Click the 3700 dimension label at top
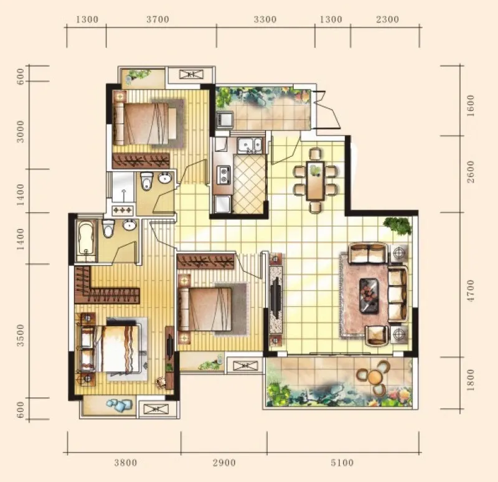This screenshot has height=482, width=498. point(157,20)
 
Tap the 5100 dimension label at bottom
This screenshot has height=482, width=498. point(342,463)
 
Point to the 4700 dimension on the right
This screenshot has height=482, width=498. point(471,291)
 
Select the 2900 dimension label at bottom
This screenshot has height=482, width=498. point(224,463)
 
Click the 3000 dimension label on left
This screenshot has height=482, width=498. point(20,131)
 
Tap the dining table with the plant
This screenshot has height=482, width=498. point(315,181)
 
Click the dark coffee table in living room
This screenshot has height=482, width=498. point(369,296)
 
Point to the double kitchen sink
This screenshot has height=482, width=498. point(251,146)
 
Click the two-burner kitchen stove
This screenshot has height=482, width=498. point(223,176)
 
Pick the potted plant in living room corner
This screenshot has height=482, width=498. point(397,225)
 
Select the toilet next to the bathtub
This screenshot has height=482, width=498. point(108,228)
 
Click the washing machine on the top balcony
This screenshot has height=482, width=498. point(225,119)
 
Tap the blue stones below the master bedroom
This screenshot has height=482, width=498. point(119,405)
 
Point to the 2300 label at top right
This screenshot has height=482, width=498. point(387,20)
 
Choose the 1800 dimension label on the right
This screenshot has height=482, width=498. point(471,380)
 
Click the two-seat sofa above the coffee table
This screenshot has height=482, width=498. point(369,253)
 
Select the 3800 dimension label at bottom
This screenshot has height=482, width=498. point(126,463)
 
